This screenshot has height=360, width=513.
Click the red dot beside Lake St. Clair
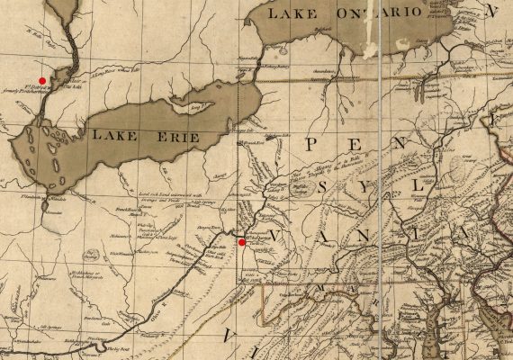tap(42, 81)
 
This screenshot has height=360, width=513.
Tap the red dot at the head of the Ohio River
tap(241, 242)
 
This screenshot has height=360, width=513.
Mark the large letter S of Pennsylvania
tap(325, 189)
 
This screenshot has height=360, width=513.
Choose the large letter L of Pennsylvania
tap(415, 185)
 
